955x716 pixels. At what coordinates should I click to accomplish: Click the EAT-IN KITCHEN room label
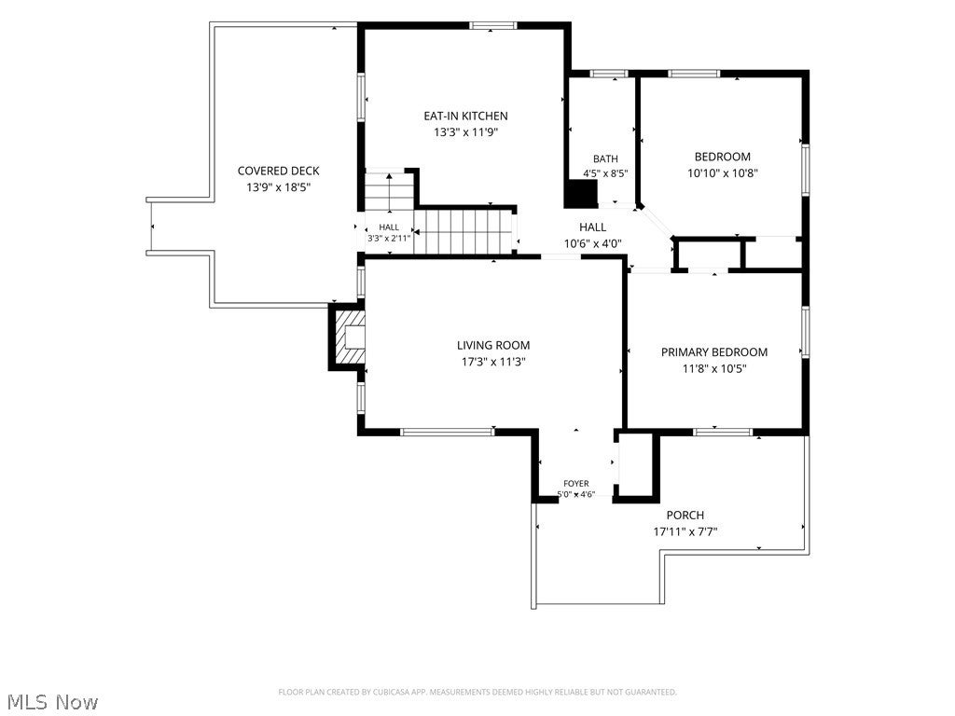(x=465, y=116)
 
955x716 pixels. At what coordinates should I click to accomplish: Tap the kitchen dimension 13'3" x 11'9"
(x=465, y=132)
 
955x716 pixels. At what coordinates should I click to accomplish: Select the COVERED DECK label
(x=278, y=172)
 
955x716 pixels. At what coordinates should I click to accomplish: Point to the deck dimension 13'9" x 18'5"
(x=278, y=187)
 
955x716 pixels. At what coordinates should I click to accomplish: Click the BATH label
(x=605, y=158)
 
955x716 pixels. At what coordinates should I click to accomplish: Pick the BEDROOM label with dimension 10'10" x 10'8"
(x=723, y=157)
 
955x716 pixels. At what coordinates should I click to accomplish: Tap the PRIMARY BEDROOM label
(x=714, y=351)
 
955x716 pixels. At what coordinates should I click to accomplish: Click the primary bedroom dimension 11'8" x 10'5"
(x=714, y=368)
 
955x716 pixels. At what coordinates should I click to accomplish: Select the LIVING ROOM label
(x=493, y=345)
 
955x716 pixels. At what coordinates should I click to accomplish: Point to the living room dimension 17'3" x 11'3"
(x=493, y=362)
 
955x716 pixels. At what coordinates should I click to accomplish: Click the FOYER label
(x=576, y=484)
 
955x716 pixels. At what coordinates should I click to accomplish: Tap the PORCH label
(x=685, y=515)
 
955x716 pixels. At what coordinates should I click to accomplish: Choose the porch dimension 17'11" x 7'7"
(x=685, y=531)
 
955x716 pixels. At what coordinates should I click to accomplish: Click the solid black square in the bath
(x=580, y=194)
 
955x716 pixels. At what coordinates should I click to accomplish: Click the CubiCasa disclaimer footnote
(x=477, y=692)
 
